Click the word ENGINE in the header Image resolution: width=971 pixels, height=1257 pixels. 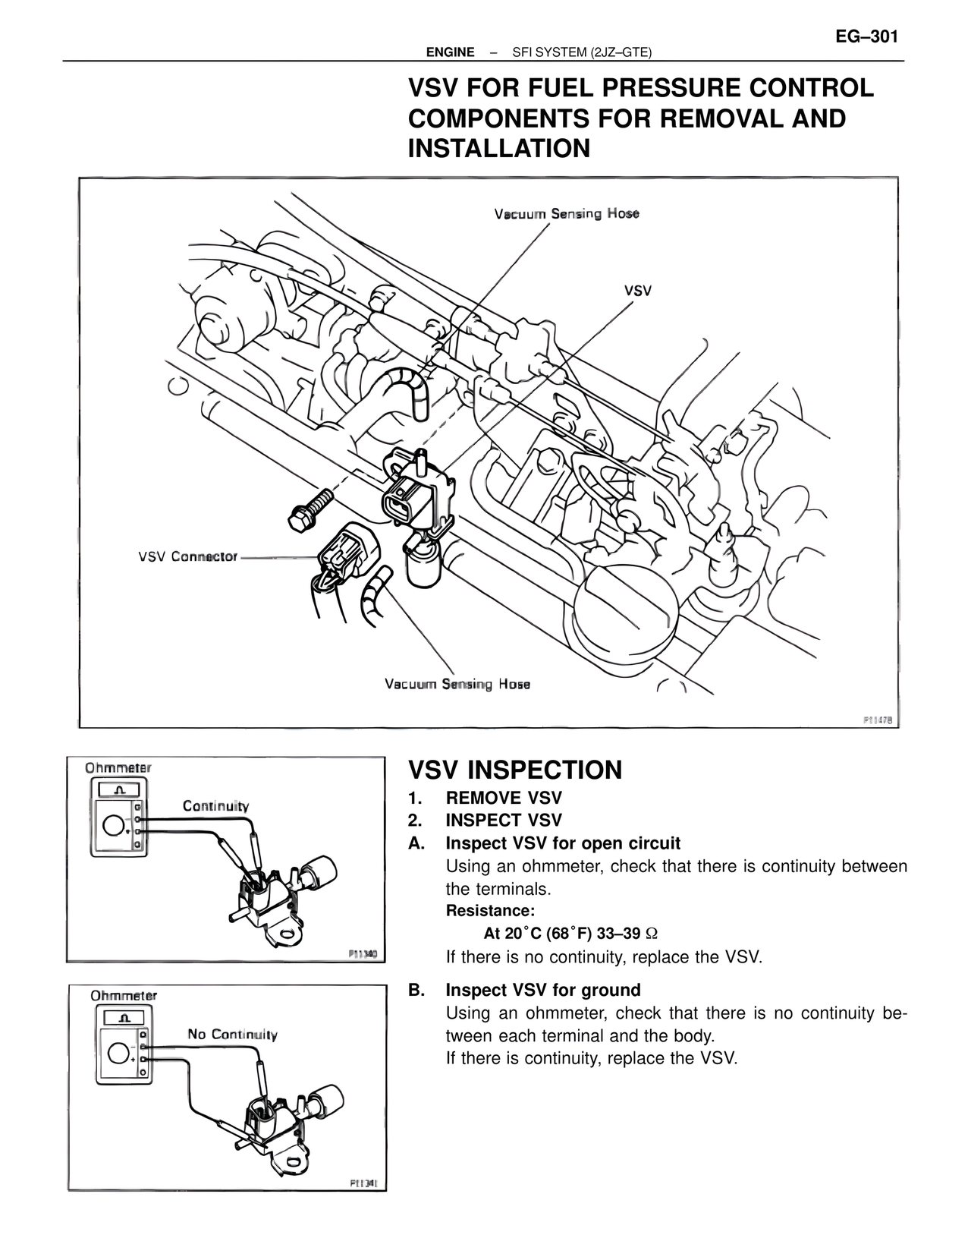pyautogui.click(x=451, y=52)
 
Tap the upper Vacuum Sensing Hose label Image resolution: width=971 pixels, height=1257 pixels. pyautogui.click(x=567, y=214)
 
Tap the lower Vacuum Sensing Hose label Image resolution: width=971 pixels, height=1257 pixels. pyautogui.click(x=457, y=685)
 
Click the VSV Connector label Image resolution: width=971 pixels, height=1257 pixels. pyautogui.click(x=187, y=556)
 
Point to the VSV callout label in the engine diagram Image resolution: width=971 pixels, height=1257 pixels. pyautogui.click(x=638, y=291)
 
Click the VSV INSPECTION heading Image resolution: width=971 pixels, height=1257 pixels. pyautogui.click(x=515, y=770)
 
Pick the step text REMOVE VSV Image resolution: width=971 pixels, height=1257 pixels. pyautogui.click(x=504, y=799)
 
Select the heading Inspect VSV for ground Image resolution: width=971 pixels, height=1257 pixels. pyautogui.click(x=542, y=990)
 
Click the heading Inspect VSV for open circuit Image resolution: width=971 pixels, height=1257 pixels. pyautogui.click(x=562, y=843)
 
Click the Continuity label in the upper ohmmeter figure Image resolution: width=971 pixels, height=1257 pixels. pyautogui.click(x=215, y=806)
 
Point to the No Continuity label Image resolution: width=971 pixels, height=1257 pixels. pyautogui.click(x=232, y=1035)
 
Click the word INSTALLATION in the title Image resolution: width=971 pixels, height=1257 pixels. pyautogui.click(x=499, y=148)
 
